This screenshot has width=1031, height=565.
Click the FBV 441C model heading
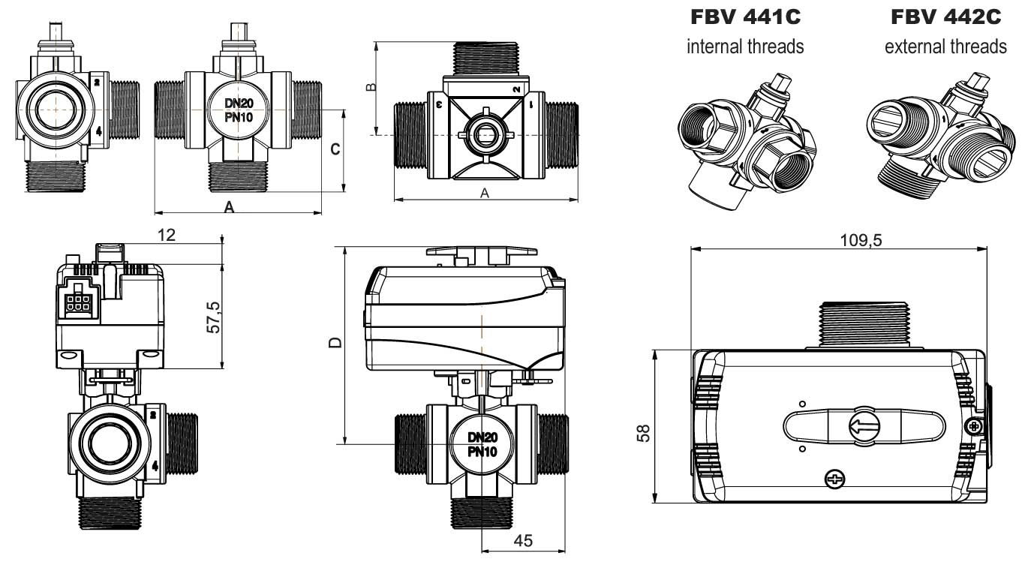744,17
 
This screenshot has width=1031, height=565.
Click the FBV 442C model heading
945,17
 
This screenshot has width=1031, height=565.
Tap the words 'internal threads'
745,47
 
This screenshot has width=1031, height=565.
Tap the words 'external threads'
945,47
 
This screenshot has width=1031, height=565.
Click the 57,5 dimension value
213,318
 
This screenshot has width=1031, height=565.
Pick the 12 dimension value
167,235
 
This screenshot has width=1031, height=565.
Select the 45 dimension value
525,540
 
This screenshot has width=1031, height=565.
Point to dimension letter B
369,88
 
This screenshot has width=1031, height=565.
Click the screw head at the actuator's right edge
974,427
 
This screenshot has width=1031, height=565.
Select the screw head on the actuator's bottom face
834,479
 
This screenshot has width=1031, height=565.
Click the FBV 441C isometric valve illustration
744,143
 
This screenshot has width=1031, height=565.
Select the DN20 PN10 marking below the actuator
483,444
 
